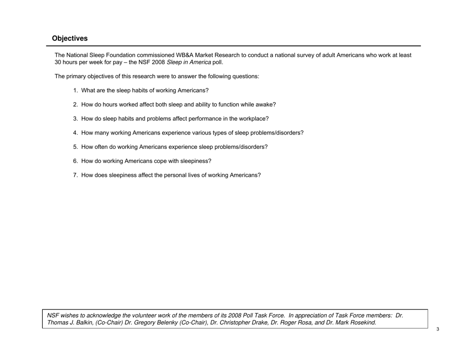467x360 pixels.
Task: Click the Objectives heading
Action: (x=70, y=38)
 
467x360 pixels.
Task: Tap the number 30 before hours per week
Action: (x=58, y=63)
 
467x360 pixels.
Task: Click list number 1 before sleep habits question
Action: (x=75, y=90)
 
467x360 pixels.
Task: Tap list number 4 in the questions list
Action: (x=75, y=133)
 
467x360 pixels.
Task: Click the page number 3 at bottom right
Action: (x=438, y=329)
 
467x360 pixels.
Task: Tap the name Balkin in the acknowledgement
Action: (x=82, y=323)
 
